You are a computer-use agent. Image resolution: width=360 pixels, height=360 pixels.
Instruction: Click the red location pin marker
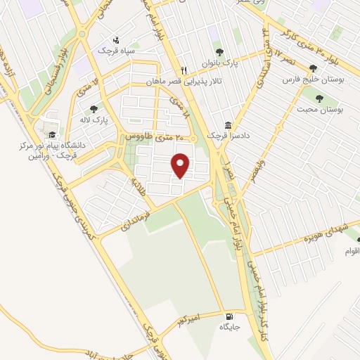[x=181, y=165]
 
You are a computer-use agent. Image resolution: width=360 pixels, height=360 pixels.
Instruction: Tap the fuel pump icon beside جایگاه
[x=229, y=316]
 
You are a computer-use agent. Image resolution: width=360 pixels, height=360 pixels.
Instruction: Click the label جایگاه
[x=229, y=327]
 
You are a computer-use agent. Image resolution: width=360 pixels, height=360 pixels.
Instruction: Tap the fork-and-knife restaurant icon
[x=184, y=70]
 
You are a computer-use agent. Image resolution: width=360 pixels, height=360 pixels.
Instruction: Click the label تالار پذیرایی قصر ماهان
[x=188, y=82]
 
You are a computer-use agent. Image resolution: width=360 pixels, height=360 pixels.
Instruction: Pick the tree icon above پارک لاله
[x=94, y=109]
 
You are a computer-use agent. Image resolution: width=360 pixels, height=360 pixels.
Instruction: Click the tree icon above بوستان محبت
[x=321, y=98]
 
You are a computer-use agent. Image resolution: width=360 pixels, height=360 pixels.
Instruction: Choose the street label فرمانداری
[x=133, y=219]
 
